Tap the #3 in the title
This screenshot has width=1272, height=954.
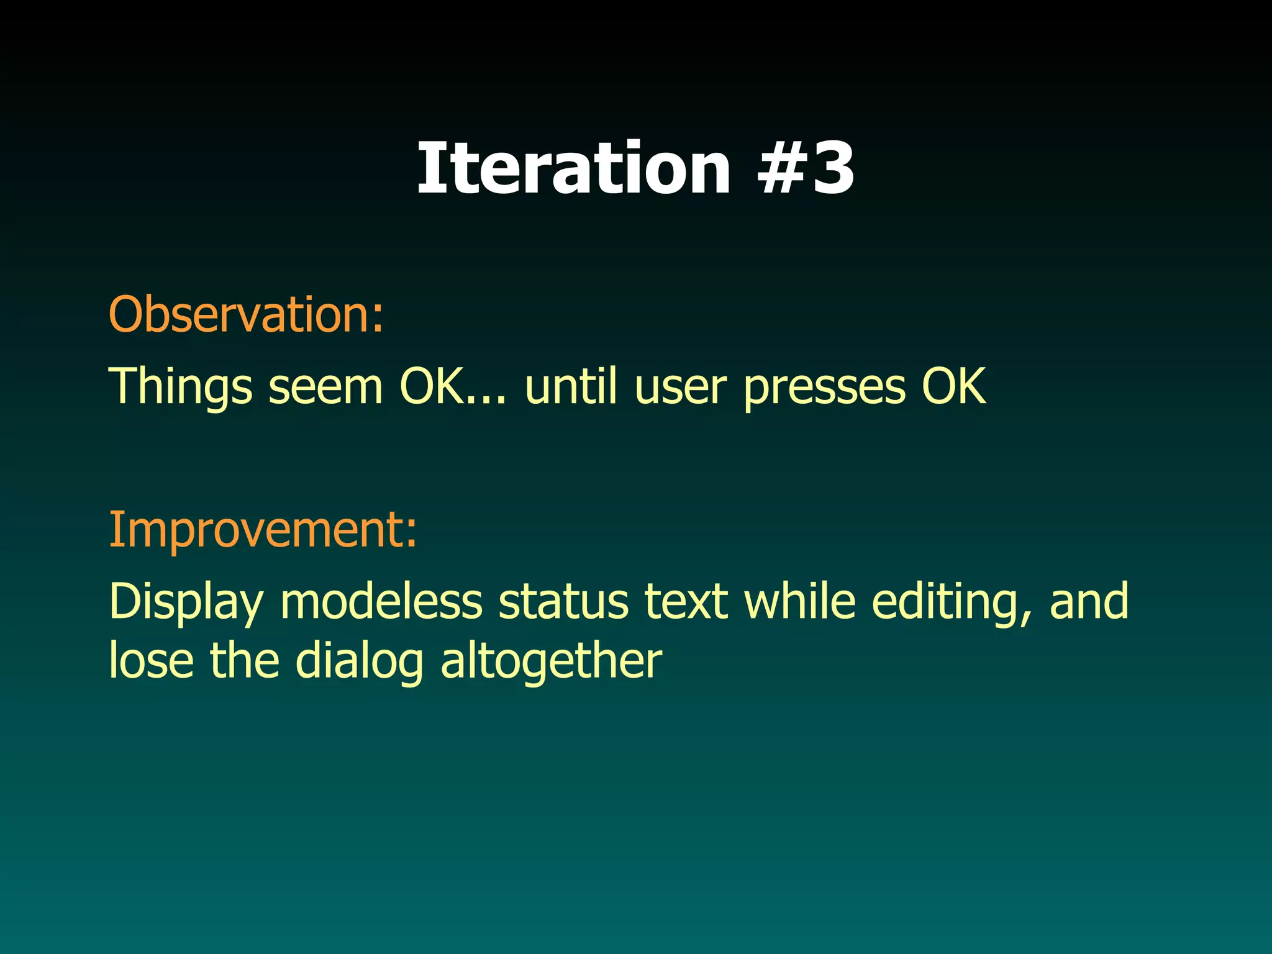coord(806,168)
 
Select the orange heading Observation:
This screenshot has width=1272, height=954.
coord(247,314)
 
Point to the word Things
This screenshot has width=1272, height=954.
coord(180,386)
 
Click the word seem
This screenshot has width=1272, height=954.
coord(325,386)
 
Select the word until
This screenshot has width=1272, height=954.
coord(571,386)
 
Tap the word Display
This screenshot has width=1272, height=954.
coord(186,602)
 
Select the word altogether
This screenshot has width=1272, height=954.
coord(551,661)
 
